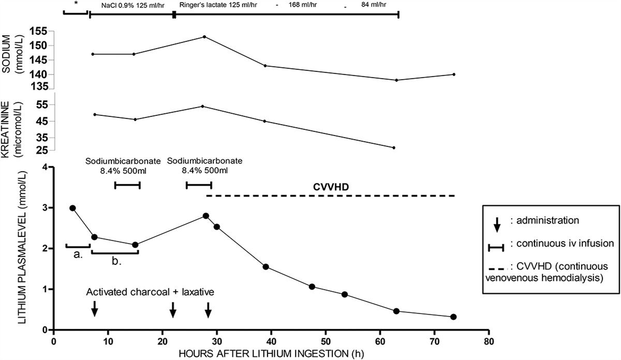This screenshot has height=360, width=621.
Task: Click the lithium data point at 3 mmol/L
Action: (72, 208)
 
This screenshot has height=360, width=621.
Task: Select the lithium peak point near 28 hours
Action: (205, 216)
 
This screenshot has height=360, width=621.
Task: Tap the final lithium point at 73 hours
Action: (453, 317)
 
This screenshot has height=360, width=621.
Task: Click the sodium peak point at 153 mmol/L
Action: (204, 37)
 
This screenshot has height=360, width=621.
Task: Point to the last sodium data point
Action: (454, 74)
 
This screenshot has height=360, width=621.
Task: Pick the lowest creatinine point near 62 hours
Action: (394, 148)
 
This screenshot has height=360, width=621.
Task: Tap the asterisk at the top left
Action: (76, 4)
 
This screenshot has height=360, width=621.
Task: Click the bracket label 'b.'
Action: (116, 262)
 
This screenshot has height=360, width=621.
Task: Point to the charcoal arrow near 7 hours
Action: (94, 309)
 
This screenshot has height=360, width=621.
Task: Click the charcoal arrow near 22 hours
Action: (173, 309)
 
